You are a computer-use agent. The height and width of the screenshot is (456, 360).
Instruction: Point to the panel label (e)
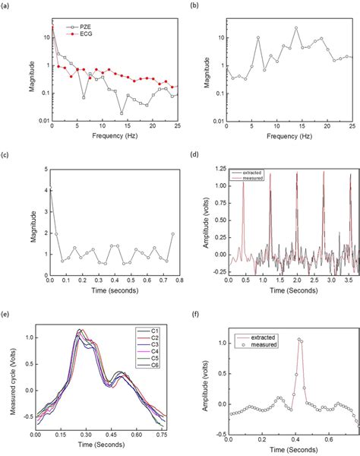click(x=6, y=312)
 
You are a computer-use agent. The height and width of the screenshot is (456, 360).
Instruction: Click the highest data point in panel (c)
click(x=52, y=190)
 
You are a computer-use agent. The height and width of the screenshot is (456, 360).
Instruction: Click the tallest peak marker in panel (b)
click(x=296, y=28)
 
